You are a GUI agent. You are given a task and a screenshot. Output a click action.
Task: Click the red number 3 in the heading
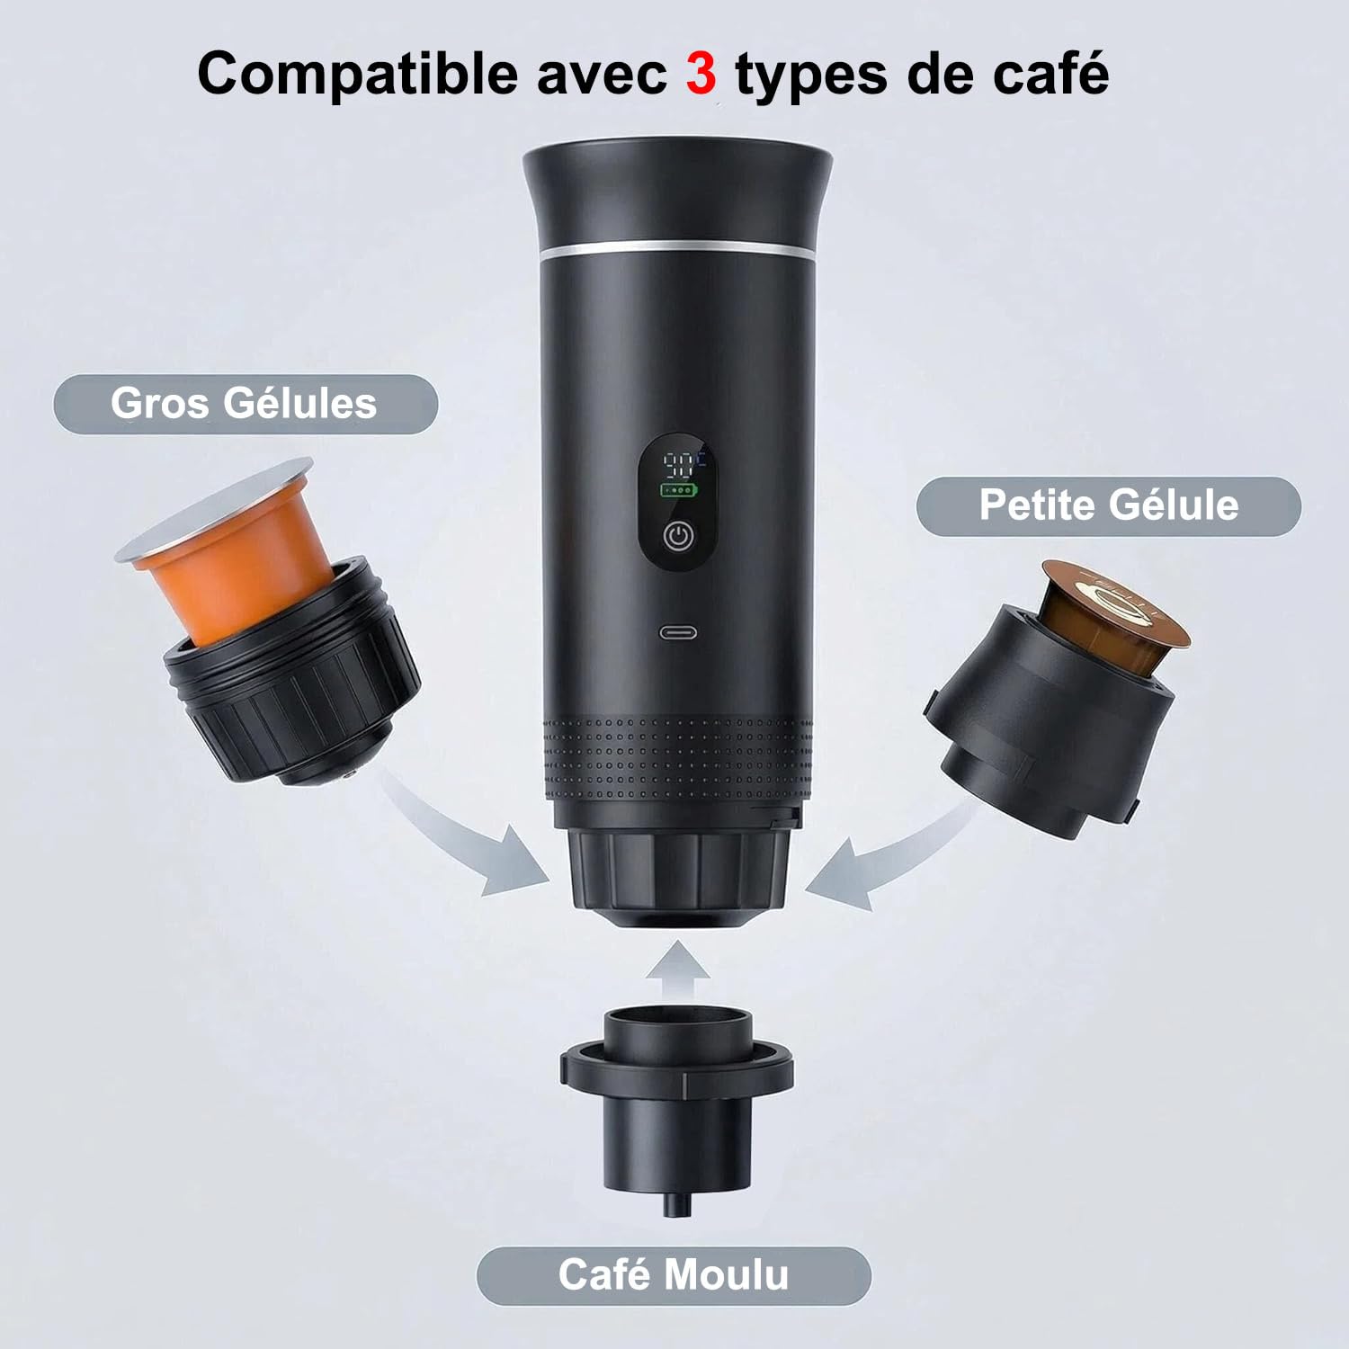coord(701,74)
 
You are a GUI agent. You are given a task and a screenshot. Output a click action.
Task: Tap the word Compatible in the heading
coord(358,74)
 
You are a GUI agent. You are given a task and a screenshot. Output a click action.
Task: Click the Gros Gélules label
coord(245,404)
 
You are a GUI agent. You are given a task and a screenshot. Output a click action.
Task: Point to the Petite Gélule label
coord(1108,505)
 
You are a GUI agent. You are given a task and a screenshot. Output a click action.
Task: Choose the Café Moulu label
coord(674,1275)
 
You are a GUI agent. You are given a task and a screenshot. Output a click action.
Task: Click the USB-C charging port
coord(677,632)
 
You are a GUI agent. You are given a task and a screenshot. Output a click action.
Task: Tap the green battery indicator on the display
coord(679,491)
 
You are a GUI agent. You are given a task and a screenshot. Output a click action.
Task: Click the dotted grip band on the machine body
coord(677,755)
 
